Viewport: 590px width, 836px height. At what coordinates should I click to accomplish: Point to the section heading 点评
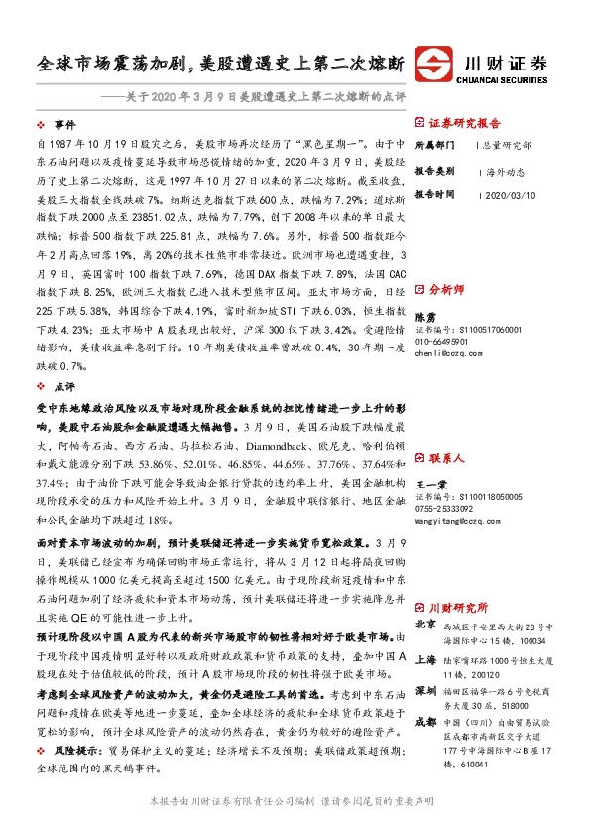pos(64,386)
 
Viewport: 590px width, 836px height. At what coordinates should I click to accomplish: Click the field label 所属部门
pos(433,145)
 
